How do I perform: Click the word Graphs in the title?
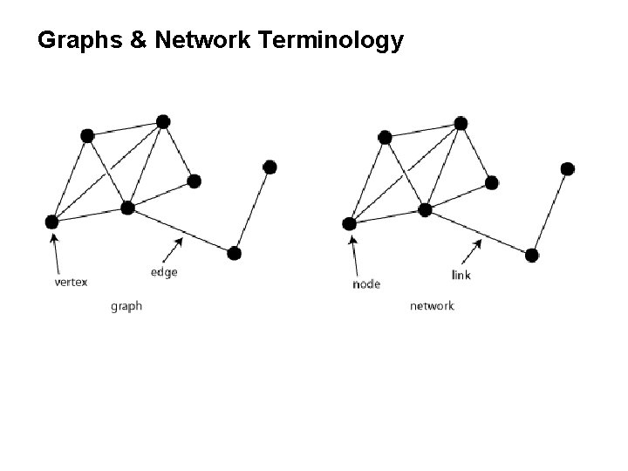77,40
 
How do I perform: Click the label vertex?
71,282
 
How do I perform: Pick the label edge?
164,272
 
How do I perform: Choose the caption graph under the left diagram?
126,306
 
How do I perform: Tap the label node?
366,283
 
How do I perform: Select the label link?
462,275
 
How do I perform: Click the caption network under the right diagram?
432,306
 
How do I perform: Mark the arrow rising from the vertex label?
57,252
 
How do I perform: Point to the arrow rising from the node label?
354,254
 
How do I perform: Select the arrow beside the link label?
472,250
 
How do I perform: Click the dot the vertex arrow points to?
51,222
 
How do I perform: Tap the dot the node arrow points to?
350,224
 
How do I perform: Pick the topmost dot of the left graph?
163,120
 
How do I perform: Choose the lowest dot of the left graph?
234,254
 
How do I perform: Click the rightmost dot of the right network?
568,168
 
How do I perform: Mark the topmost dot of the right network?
461,122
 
